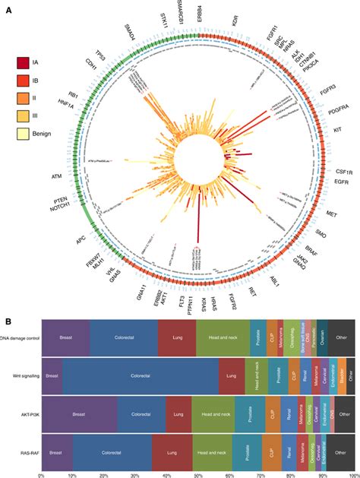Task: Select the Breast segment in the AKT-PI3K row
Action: pos(80,415)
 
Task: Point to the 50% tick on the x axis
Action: pos(197,473)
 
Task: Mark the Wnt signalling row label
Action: pos(21,375)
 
